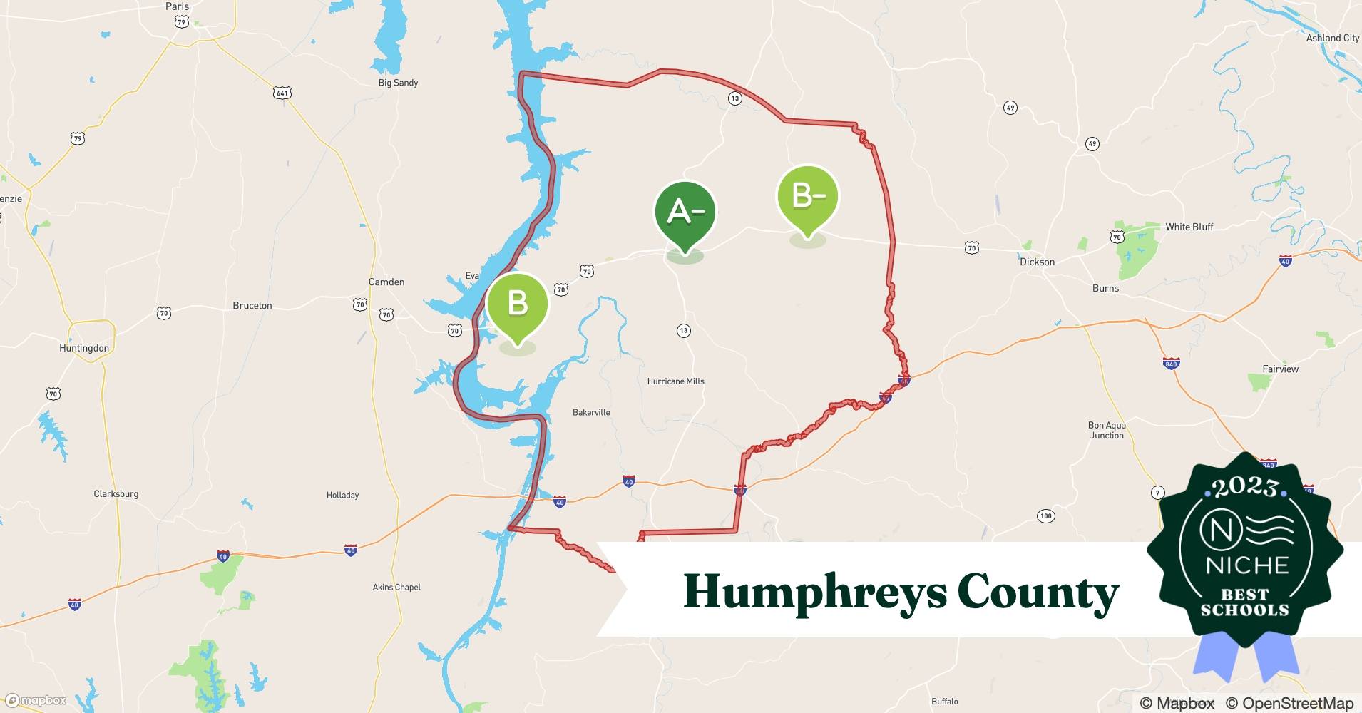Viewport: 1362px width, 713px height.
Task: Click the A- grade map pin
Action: (x=685, y=212)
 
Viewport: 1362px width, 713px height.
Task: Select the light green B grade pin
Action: (x=517, y=304)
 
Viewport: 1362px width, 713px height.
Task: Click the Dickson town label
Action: (x=1037, y=262)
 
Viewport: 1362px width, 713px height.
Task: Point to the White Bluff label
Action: (x=1189, y=227)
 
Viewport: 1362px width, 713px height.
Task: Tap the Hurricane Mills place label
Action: (x=675, y=381)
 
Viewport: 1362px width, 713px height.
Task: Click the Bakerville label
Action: (x=591, y=412)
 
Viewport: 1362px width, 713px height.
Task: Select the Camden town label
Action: (x=386, y=282)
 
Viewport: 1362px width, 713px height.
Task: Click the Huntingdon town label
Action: (x=84, y=348)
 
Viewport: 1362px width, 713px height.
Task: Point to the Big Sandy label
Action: (x=398, y=83)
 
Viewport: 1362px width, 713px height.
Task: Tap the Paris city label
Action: (x=177, y=6)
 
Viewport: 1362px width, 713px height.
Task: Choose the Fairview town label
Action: (x=1280, y=369)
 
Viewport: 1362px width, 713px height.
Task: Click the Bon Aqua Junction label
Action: (x=1107, y=430)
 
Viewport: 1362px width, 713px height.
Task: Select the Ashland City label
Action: (x=1332, y=38)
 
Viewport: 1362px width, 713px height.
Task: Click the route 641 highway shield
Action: (x=282, y=93)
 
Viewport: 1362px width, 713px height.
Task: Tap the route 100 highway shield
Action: (x=1045, y=515)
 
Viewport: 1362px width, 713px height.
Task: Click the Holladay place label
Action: (x=342, y=495)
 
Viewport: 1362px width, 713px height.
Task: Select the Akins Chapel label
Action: (x=396, y=587)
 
